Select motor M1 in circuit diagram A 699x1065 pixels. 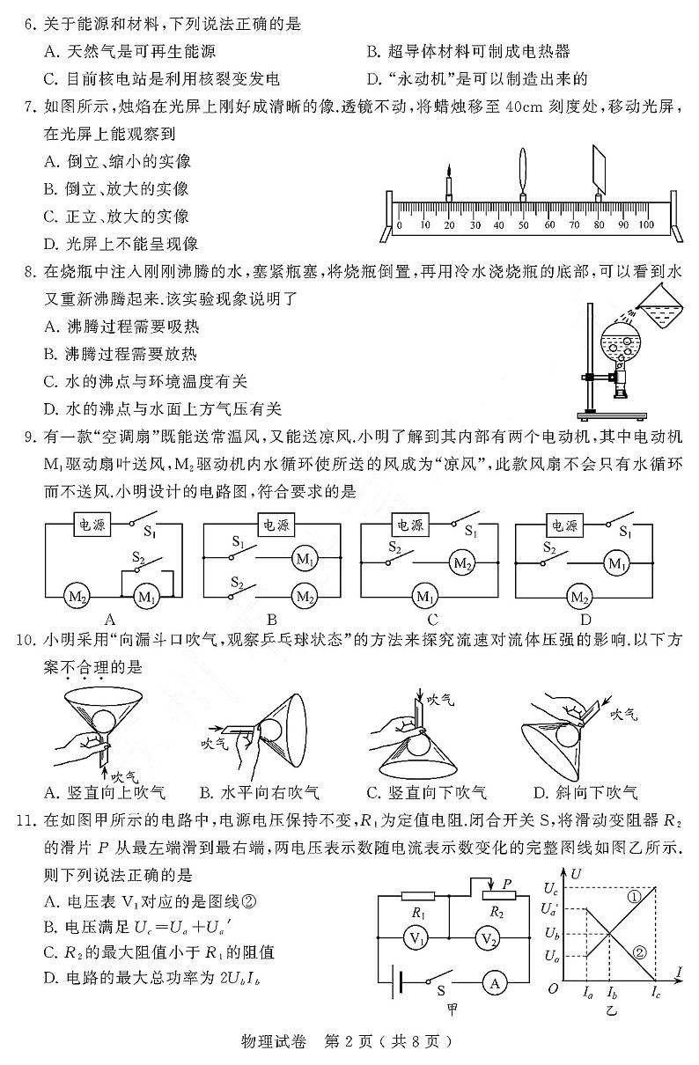144,597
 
